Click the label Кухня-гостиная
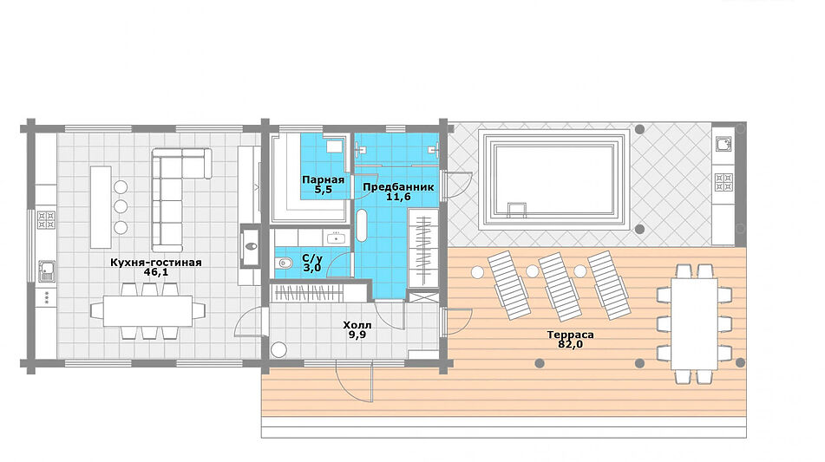(156, 263)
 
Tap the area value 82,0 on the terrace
(570, 344)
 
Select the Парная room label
(323, 179)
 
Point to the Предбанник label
(398, 187)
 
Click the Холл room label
(357, 325)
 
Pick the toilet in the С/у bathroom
(285, 263)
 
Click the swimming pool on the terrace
(554, 179)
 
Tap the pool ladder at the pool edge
(516, 210)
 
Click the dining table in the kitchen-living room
(147, 311)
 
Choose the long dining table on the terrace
(695, 323)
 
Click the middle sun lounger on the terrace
(559, 287)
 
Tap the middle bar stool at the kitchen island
(121, 206)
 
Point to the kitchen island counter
(101, 207)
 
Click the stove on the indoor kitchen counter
(46, 219)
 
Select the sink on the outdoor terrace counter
(724, 144)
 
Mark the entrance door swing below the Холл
(354, 381)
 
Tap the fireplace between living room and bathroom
(250, 246)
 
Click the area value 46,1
(156, 272)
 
